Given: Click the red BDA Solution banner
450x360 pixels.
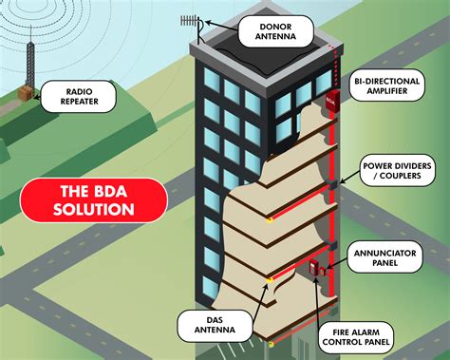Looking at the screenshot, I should [94, 199].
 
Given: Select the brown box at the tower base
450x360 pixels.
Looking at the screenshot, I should [28, 95].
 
